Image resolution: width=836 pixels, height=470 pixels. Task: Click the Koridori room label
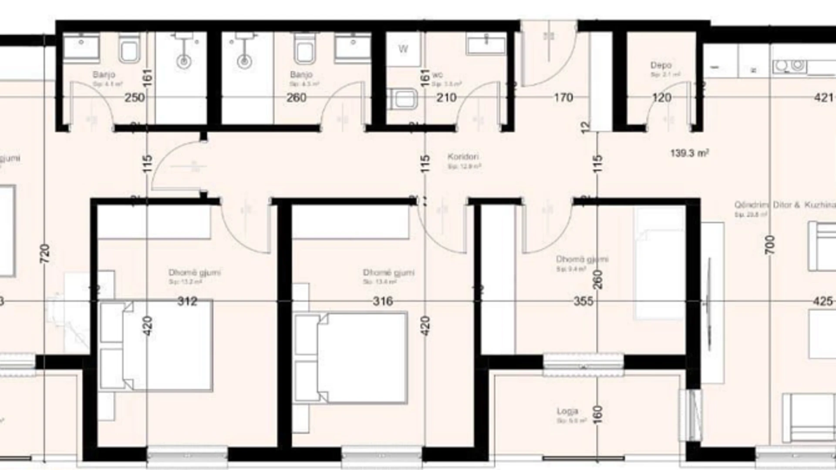tap(463, 157)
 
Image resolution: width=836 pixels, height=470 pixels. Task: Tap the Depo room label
tap(661, 65)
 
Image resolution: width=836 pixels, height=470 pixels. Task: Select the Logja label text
tap(567, 411)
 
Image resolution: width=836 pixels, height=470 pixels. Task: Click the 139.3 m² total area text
tap(689, 153)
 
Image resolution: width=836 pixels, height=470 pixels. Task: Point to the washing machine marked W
tap(403, 49)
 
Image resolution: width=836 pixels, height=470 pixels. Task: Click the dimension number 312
tap(187, 301)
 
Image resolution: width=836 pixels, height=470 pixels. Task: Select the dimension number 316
tap(383, 301)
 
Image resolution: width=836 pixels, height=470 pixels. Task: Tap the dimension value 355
tap(583, 301)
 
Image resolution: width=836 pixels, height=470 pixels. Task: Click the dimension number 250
tap(135, 97)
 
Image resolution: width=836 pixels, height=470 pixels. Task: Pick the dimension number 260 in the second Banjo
tap(296, 97)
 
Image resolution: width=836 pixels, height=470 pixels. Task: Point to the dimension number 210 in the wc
tap(446, 97)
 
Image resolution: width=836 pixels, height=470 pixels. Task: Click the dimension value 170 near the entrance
tap(563, 97)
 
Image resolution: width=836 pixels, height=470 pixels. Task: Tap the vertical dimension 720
tap(45, 254)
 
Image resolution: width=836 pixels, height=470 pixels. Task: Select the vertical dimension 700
tap(770, 245)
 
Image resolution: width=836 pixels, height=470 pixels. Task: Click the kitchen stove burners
tap(789, 66)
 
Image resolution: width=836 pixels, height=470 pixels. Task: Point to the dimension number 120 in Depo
tap(661, 97)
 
